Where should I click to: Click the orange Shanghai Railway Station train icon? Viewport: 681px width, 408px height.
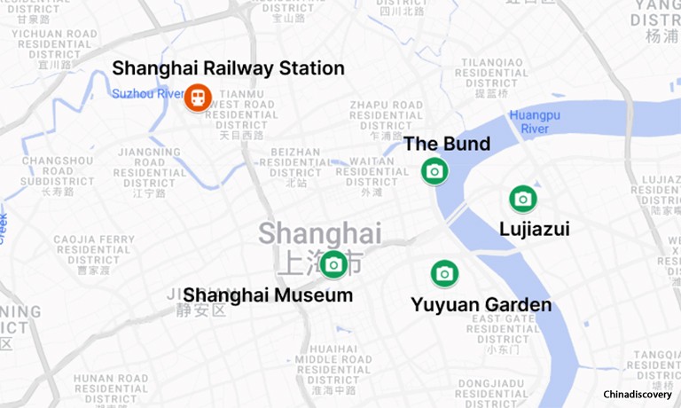(x=197, y=97)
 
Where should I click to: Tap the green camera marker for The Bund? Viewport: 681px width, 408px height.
(x=434, y=170)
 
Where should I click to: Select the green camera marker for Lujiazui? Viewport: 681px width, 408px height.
(x=522, y=199)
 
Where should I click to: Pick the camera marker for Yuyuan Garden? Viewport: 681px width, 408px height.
(x=444, y=273)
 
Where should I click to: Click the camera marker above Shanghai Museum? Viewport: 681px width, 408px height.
(x=333, y=263)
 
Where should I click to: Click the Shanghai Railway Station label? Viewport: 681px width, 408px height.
(x=228, y=68)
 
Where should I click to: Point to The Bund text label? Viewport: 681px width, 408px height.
(x=447, y=145)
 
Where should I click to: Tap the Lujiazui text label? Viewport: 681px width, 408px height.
(x=534, y=230)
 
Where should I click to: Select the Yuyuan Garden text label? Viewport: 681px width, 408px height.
(x=481, y=305)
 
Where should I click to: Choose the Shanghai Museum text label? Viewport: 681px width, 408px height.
(x=268, y=294)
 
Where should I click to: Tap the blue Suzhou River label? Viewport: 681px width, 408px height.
(x=146, y=93)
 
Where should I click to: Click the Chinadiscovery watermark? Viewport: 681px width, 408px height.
(x=637, y=395)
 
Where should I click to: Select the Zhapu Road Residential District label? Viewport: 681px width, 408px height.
(x=386, y=120)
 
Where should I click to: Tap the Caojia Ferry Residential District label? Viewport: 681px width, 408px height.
(x=94, y=255)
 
